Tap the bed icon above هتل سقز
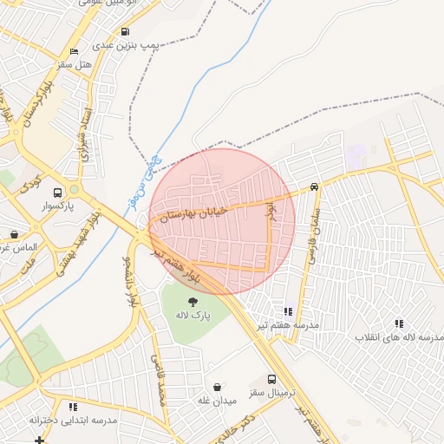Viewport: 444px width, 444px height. click(x=74, y=52)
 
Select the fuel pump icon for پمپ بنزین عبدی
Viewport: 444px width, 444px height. click(x=127, y=31)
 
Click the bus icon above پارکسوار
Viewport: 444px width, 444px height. click(x=58, y=193)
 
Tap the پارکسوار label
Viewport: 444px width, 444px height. click(x=58, y=207)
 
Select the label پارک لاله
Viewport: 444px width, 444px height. click(x=192, y=313)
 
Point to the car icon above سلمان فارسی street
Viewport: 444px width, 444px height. click(x=314, y=186)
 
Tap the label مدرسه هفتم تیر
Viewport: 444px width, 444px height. click(x=287, y=324)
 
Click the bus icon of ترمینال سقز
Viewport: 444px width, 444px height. click(x=272, y=379)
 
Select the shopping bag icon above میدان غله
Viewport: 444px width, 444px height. click(x=217, y=387)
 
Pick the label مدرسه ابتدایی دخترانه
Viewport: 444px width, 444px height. click(x=73, y=420)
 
